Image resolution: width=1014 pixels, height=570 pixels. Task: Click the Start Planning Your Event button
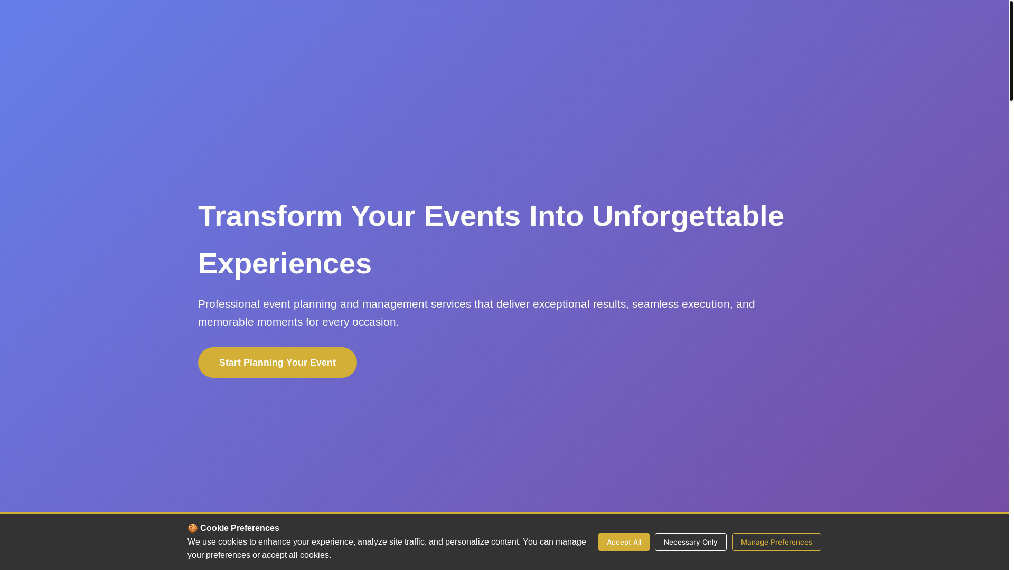[277, 363]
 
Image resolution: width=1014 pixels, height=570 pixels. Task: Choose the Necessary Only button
[690, 542]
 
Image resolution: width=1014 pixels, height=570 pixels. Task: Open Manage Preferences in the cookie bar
[776, 542]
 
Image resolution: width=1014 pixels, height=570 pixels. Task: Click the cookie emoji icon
[193, 528]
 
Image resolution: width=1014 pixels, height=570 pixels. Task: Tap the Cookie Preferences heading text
[239, 528]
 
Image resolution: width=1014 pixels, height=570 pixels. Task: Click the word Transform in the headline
[270, 216]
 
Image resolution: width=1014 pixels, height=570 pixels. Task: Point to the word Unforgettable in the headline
[688, 216]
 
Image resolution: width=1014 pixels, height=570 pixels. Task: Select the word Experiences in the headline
[285, 264]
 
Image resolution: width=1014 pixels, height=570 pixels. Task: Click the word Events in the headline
[472, 216]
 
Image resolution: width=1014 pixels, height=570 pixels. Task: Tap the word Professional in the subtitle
[229, 304]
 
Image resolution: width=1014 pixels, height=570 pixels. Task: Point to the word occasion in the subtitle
[373, 322]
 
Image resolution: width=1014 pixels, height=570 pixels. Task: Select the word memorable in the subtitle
[226, 322]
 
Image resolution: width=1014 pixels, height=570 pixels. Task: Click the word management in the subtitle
[395, 304]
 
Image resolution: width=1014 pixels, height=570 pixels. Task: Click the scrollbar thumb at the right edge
[1011, 50]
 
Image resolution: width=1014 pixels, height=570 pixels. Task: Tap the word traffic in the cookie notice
[414, 542]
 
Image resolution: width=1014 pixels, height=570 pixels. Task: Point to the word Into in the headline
[556, 216]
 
